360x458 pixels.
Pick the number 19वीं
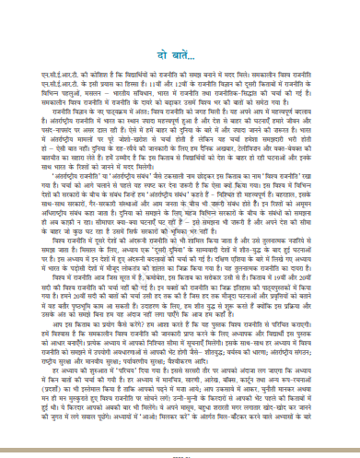308,277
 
